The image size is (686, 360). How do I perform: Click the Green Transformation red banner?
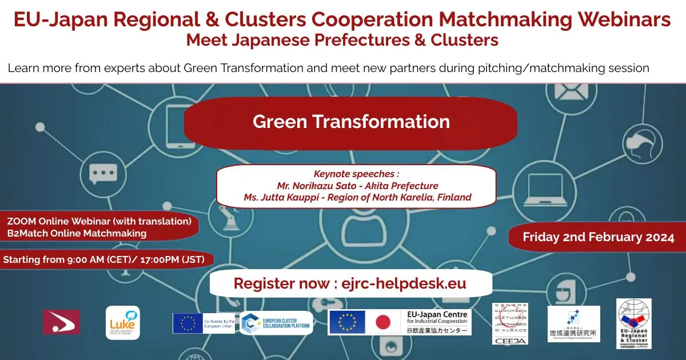(350, 122)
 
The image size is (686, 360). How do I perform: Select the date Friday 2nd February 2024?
(599, 237)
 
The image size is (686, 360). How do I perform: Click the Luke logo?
(122, 323)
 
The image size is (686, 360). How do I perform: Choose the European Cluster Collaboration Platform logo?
(277, 323)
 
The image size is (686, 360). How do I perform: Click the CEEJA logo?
(510, 323)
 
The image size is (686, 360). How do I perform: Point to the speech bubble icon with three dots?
(103, 172)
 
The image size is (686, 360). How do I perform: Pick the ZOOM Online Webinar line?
(99, 221)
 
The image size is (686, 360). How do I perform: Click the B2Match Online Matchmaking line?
(77, 233)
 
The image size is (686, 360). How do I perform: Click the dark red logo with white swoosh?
(61, 322)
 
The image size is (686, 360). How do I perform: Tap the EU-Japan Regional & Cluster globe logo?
(633, 323)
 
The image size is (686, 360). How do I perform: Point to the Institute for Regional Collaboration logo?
(573, 324)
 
